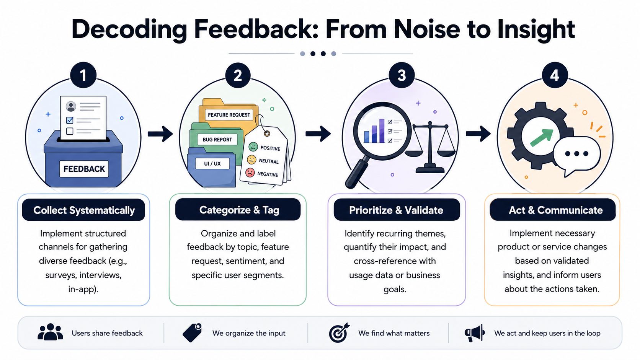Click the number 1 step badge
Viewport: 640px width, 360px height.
(83, 75)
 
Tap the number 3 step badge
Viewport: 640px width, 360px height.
(402, 75)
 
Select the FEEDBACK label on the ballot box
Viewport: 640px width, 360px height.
(84, 169)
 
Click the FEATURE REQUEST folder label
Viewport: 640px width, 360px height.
(229, 115)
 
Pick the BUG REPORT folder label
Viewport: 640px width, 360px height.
(217, 140)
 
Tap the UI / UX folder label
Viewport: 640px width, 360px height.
(212, 164)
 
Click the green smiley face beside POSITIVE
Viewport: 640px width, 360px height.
(253, 147)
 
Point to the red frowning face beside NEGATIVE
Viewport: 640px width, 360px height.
(250, 173)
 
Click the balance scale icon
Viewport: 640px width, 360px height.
(430, 147)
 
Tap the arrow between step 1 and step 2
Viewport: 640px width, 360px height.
(160, 134)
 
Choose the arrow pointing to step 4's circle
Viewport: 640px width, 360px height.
(478, 134)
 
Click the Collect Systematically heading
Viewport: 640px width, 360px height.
(84, 210)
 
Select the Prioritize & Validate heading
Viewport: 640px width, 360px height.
(396, 210)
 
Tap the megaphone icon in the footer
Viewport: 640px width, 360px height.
(475, 333)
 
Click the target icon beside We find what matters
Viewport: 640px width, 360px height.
(339, 333)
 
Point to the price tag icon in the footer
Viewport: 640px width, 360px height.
(192, 332)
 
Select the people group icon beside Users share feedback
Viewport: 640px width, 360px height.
(50, 332)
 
